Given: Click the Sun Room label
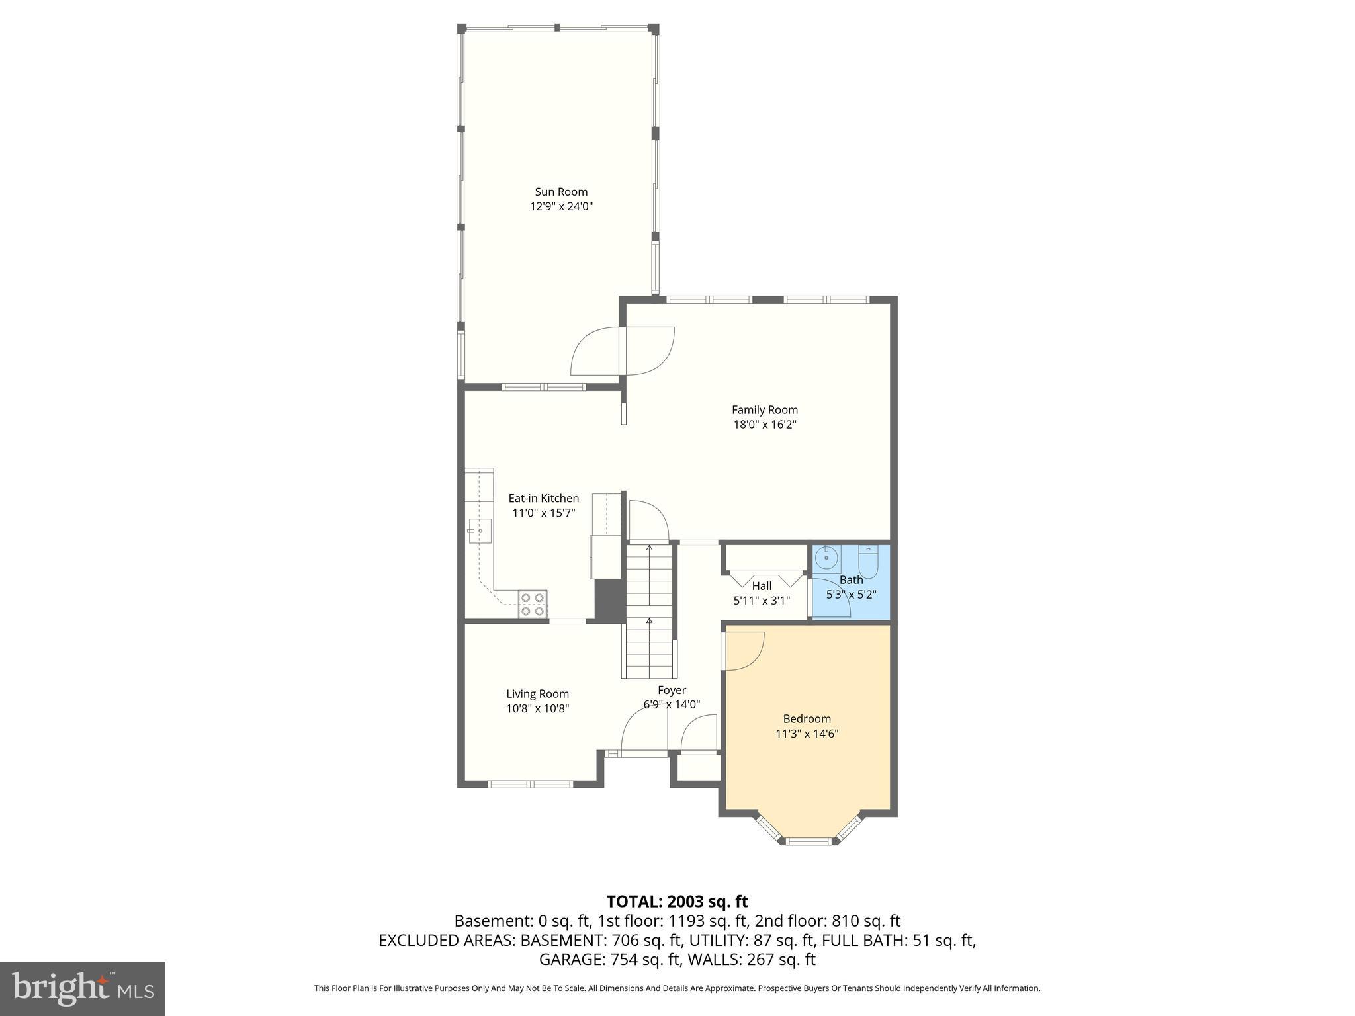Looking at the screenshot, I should (x=561, y=192).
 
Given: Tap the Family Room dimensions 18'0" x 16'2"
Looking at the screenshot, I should (x=764, y=425).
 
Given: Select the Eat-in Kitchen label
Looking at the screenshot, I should (x=543, y=498).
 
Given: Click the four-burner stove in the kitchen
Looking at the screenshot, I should (x=532, y=604).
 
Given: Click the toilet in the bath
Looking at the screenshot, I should (x=867, y=562).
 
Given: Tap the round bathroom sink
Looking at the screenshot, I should (x=826, y=559).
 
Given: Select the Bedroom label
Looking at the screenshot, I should (x=807, y=718).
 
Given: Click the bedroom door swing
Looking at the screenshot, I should (x=744, y=651).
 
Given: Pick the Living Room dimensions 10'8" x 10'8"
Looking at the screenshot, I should (x=537, y=708).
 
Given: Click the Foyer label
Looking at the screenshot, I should (x=672, y=690).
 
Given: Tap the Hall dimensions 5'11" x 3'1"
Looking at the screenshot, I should (x=762, y=601).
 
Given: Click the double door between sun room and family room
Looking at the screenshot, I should (x=623, y=351).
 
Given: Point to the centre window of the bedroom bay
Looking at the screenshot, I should (x=808, y=841).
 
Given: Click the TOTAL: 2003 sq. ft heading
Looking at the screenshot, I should (x=677, y=902).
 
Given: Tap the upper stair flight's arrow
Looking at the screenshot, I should (x=649, y=548).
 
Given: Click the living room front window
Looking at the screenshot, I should (x=529, y=784).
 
